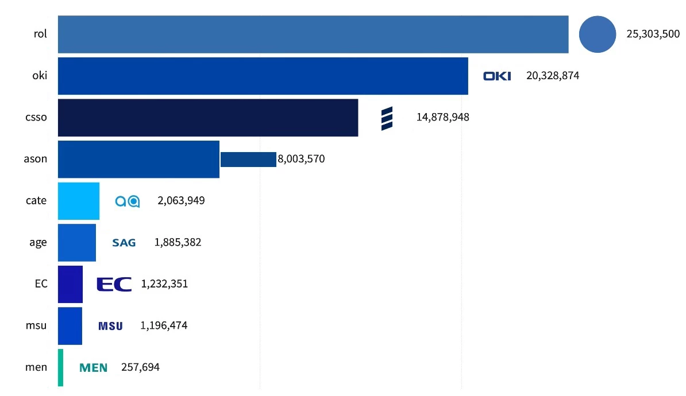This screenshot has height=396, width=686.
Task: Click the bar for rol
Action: click(x=313, y=34)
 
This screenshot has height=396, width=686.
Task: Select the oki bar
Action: click(x=263, y=76)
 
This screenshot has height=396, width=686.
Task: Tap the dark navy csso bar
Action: click(x=208, y=118)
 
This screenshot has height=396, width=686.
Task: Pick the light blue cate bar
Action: click(x=79, y=201)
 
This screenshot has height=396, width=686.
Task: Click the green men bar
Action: click(x=60, y=367)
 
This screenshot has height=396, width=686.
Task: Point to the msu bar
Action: click(x=70, y=326)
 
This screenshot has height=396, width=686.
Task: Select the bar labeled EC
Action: click(x=70, y=284)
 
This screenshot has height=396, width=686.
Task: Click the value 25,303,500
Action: click(x=653, y=34)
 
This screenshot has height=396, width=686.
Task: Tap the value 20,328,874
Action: click(x=552, y=76)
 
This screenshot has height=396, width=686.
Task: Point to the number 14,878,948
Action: click(x=442, y=118)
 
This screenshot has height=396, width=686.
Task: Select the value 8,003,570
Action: click(x=301, y=159)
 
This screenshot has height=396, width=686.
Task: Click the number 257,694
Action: click(x=140, y=367)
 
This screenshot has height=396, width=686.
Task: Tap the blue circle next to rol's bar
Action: click(x=597, y=34)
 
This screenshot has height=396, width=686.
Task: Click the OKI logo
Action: click(x=497, y=76)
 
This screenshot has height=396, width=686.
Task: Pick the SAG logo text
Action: click(x=124, y=243)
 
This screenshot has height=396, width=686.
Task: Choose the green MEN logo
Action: click(x=93, y=367)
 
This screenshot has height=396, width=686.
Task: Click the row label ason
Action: click(x=36, y=159)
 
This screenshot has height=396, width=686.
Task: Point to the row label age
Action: click(x=38, y=243)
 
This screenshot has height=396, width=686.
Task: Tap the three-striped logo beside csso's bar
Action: click(x=387, y=118)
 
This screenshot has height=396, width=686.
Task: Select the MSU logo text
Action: click(x=110, y=326)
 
